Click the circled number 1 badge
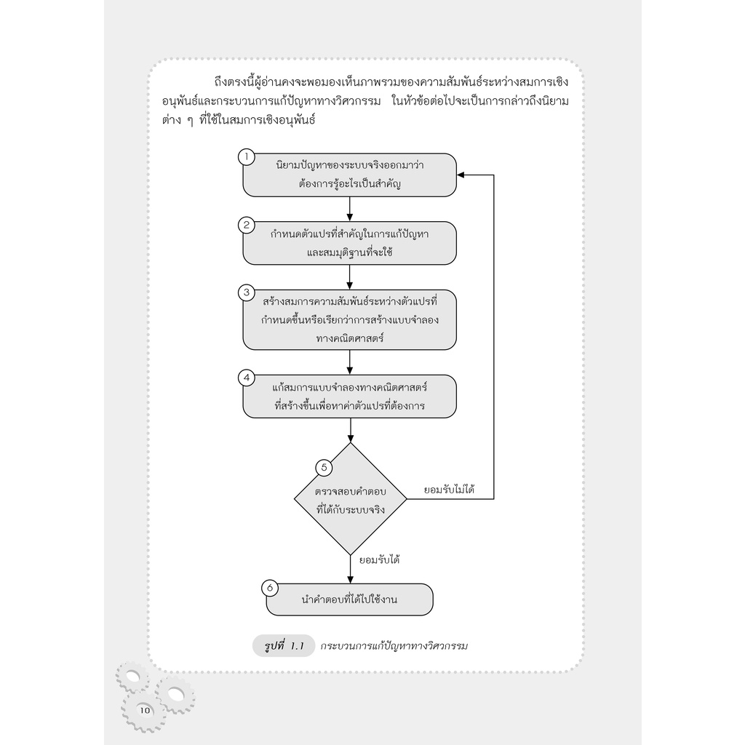(247, 157)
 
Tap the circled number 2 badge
(247, 226)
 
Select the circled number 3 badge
(247, 292)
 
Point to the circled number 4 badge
(247, 378)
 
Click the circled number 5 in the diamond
(324, 468)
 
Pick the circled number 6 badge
(270, 588)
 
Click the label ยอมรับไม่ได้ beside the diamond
(449, 490)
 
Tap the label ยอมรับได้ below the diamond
(379, 559)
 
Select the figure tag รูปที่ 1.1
(284, 646)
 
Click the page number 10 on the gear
(145, 710)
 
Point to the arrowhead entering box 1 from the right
(460, 175)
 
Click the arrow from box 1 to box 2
(350, 209)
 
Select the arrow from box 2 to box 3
(350, 277)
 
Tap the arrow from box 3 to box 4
(350, 362)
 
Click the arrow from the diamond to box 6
(351, 569)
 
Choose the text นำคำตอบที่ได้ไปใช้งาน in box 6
(349, 599)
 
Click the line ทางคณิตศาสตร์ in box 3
(350, 338)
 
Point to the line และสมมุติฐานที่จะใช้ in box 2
(350, 252)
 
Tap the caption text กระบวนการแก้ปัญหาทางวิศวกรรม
(394, 646)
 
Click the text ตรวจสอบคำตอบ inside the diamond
(351, 491)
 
